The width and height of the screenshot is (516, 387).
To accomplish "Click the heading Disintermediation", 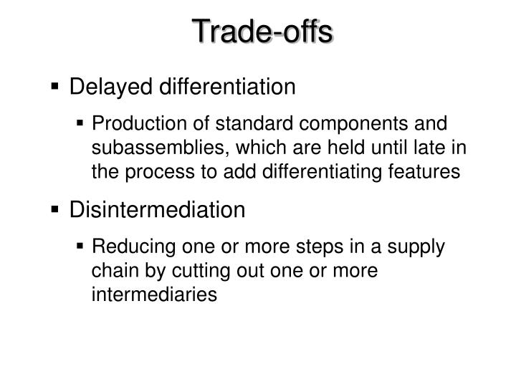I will pyautogui.click(x=157, y=210).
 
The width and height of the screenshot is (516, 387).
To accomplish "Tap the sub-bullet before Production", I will pyautogui.click(x=100, y=123).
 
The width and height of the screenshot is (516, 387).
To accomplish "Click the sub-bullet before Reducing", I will pyautogui.click(x=100, y=247).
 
